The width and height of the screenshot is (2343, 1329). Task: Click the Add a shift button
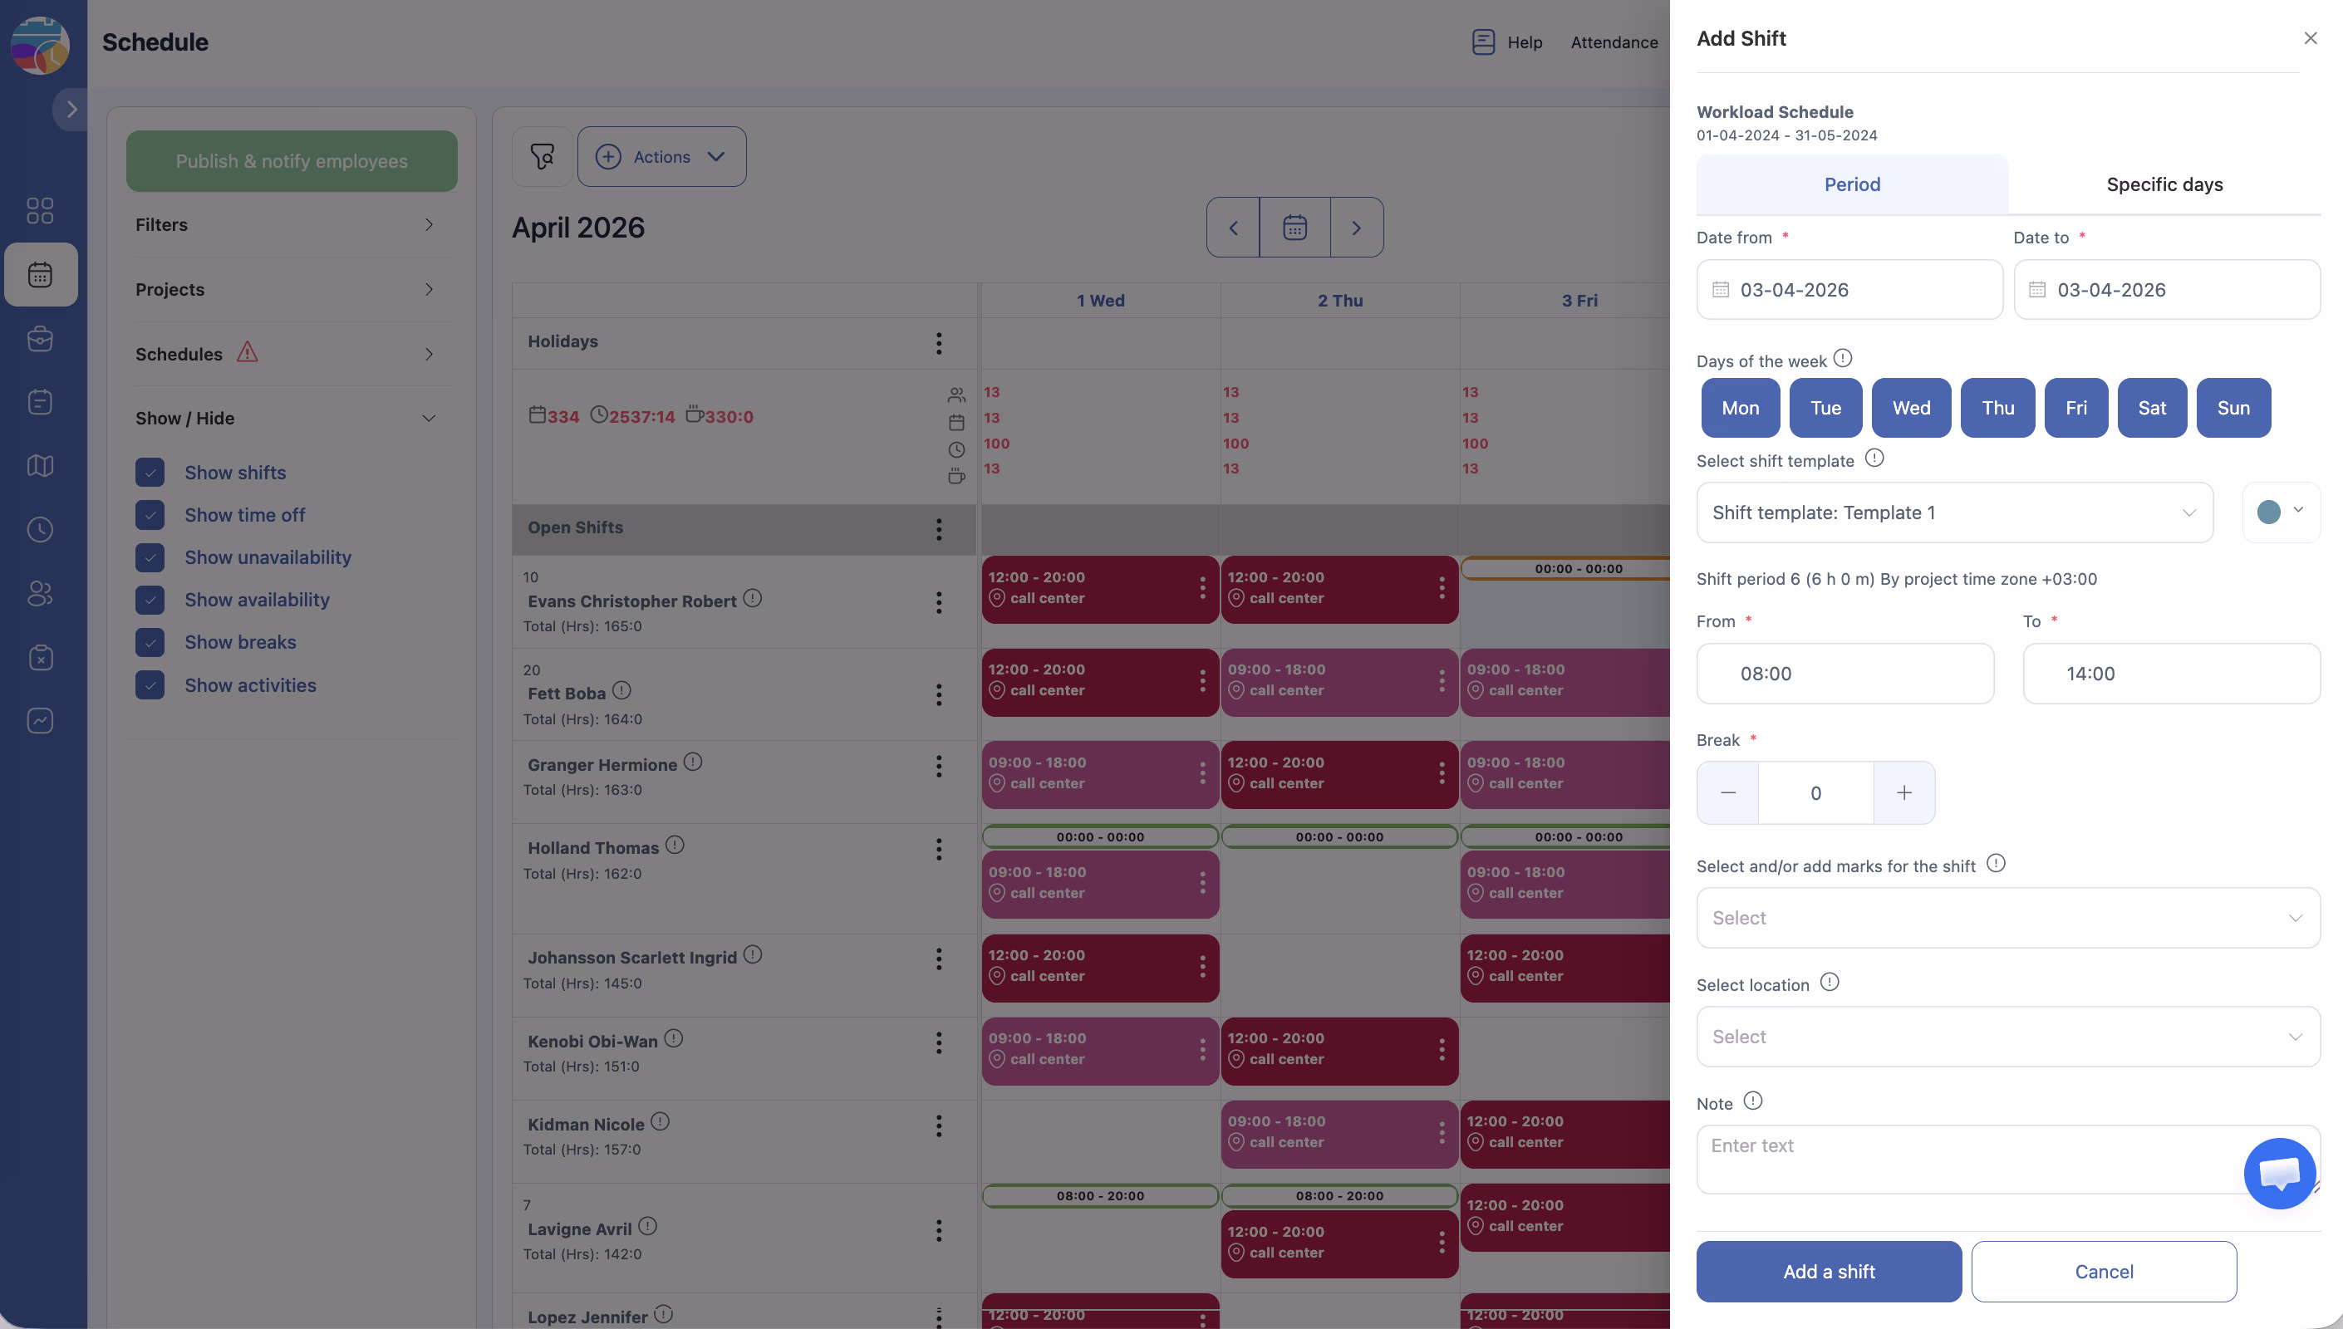coord(1828,1272)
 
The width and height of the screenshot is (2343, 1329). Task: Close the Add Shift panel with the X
coord(2310,38)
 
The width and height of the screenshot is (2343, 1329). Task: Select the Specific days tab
coord(2164,184)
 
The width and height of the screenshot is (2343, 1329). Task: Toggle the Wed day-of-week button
coord(1910,408)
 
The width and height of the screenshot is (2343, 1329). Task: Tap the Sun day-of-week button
coord(2232,408)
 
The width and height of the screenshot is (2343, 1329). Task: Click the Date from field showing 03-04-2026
coord(1849,290)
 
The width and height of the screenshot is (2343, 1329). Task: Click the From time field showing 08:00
coord(1844,674)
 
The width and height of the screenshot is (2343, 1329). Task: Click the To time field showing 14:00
coord(2170,674)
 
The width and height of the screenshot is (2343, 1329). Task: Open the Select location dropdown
coord(2007,1037)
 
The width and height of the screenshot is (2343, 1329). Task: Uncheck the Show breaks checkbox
coord(150,643)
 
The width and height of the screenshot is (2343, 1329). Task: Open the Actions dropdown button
coord(661,157)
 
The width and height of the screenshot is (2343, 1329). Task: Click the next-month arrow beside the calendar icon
coord(1356,228)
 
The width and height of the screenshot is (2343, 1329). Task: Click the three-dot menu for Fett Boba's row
coord(938,694)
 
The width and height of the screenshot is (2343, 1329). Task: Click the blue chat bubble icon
coord(2279,1173)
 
